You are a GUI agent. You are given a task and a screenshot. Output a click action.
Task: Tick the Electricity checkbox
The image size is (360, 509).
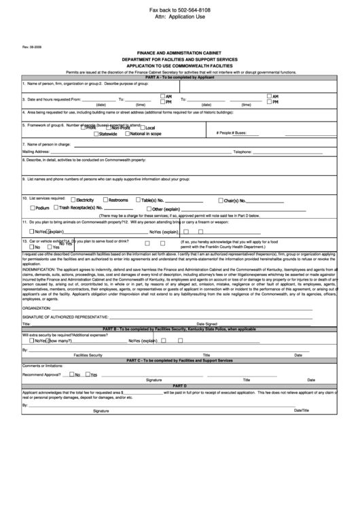pyautogui.click(x=73, y=200)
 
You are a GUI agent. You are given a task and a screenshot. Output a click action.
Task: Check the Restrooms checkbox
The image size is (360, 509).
pyautogui.click(x=105, y=200)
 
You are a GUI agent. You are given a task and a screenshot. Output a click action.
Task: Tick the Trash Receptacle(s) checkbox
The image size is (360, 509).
pyautogui.click(x=55, y=207)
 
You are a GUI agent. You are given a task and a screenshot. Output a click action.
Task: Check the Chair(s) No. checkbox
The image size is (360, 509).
pyautogui.click(x=220, y=200)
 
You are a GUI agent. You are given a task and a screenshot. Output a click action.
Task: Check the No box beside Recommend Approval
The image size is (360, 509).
pyautogui.click(x=71, y=374)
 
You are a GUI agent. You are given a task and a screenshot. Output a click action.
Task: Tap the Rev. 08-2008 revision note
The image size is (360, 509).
pyautogui.click(x=33, y=48)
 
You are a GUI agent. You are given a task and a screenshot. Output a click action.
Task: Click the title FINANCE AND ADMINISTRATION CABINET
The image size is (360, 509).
pyautogui.click(x=180, y=53)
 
